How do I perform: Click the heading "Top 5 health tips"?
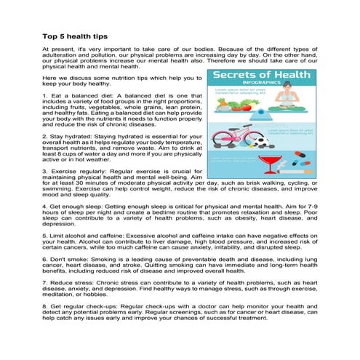[75, 34]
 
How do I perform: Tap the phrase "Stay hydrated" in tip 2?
[68, 136]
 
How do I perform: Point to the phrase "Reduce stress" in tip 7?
[69, 283]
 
